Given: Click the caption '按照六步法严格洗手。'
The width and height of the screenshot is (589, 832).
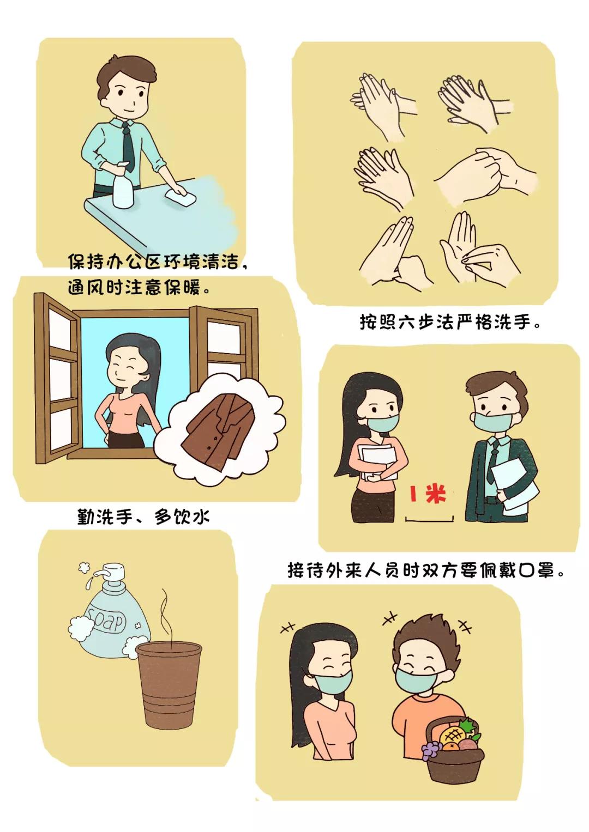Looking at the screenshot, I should pos(449,322).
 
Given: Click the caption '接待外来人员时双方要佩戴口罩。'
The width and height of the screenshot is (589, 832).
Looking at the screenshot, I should pos(426,570).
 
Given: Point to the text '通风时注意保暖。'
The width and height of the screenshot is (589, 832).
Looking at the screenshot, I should pos(139,287).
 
